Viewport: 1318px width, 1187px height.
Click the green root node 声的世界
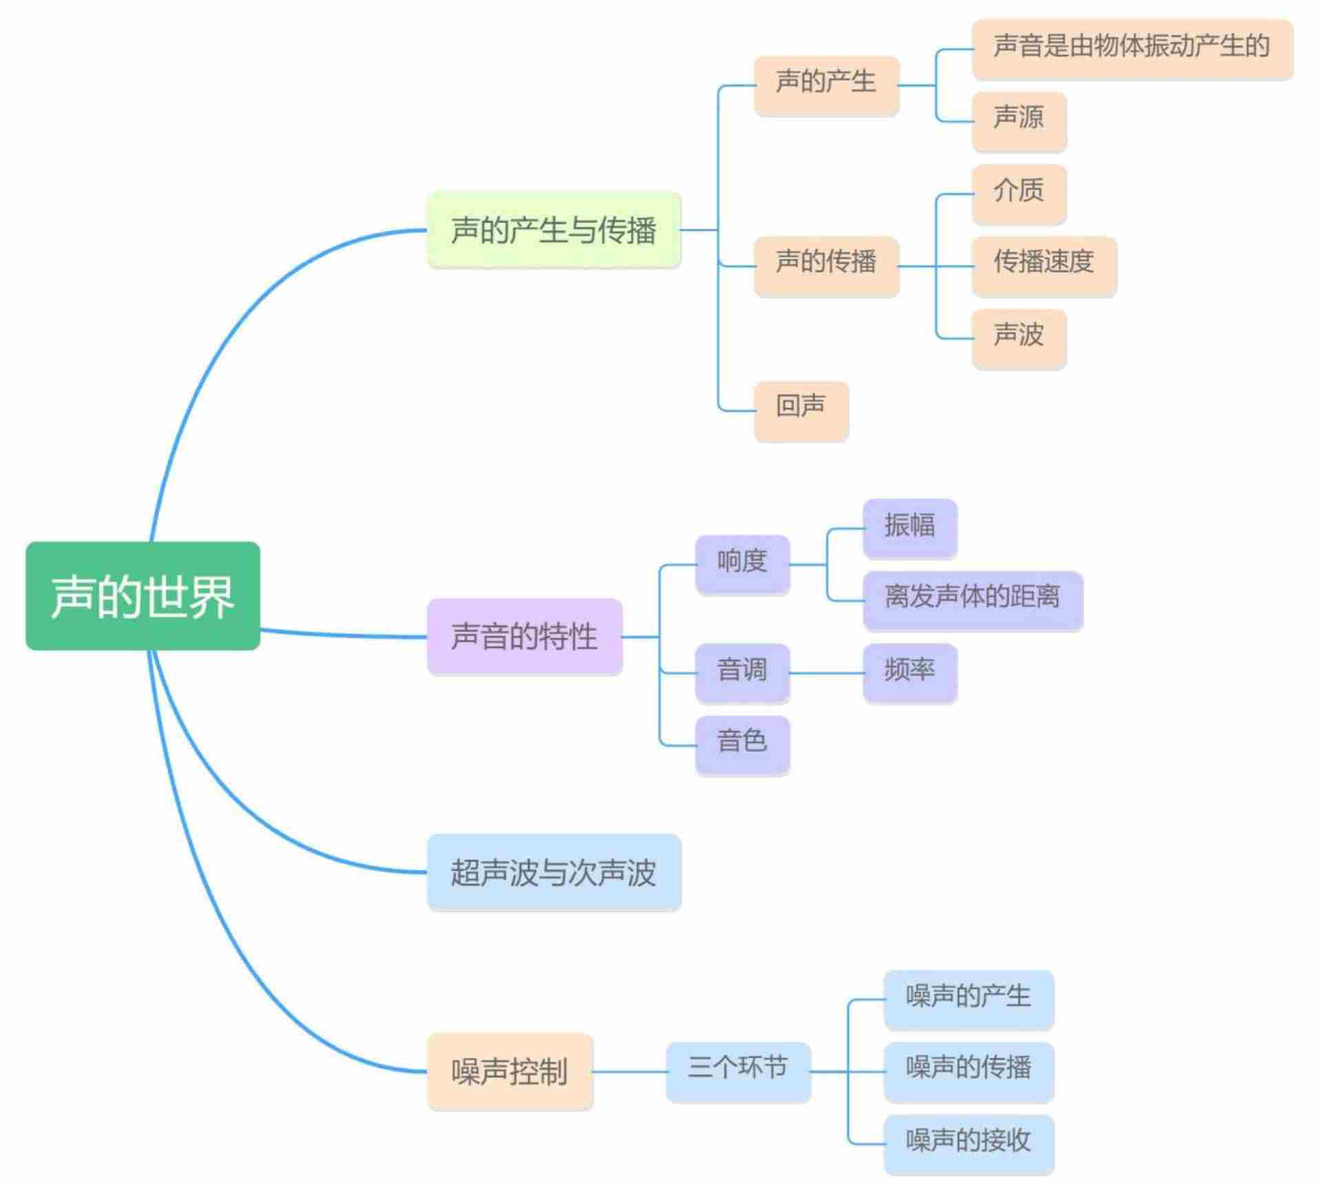143,596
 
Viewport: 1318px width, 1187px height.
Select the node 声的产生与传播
554,230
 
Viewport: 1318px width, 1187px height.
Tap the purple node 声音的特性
524,636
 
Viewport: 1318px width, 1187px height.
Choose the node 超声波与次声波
554,872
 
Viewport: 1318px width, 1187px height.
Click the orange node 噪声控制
510,1071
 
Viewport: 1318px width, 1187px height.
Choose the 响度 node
742,563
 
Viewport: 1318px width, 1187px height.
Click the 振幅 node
909,527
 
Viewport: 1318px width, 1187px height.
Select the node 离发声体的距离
972,598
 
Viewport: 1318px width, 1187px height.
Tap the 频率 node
909,671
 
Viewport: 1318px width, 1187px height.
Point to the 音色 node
742,744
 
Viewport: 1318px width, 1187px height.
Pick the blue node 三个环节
738,1070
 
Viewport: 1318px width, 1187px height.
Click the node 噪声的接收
968,1143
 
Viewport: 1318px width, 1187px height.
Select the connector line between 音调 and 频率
826,673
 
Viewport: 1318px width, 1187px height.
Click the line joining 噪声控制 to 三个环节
629,1071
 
